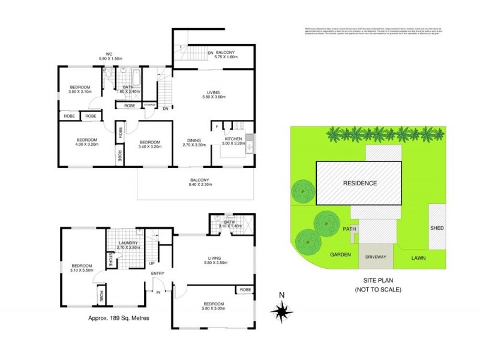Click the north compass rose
pyautogui.click(x=282, y=310)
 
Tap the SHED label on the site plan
pyautogui.click(x=437, y=228)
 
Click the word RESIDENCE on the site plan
pyautogui.click(x=360, y=183)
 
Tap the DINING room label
pyautogui.click(x=194, y=142)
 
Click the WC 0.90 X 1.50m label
pyautogui.click(x=110, y=55)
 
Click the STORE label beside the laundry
pyautogui.click(x=111, y=260)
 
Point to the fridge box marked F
pyautogui.click(x=217, y=127)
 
